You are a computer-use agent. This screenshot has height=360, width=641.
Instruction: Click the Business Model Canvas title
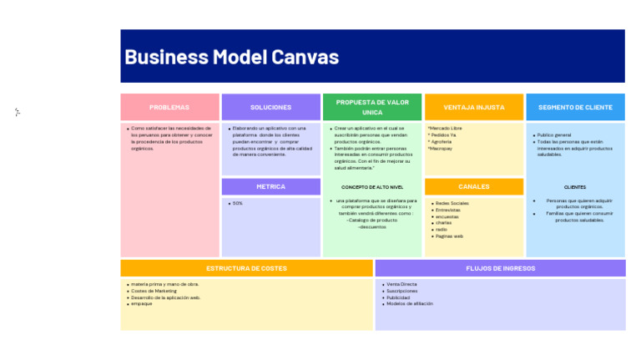[231, 57]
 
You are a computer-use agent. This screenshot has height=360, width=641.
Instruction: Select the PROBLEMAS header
[169, 107]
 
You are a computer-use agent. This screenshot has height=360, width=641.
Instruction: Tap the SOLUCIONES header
[270, 107]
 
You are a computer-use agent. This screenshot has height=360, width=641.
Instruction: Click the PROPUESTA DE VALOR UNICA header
[372, 107]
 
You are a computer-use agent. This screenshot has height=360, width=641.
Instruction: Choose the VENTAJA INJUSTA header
[473, 107]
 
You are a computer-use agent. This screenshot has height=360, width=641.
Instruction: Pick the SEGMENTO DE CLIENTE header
[575, 107]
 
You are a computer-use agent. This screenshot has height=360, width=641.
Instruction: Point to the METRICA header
[270, 186]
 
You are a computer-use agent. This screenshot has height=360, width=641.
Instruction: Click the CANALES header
[473, 186]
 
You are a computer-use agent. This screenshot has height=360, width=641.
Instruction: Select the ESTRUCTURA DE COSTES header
[246, 268]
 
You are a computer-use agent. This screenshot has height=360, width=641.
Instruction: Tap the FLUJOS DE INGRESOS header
[500, 268]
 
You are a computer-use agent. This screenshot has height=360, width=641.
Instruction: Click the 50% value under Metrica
[238, 203]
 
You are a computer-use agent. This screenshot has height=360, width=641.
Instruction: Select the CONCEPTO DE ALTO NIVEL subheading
[372, 187]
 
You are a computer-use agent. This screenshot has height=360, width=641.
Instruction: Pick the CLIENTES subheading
[575, 187]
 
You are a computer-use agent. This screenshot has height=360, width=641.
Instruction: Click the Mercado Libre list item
[445, 129]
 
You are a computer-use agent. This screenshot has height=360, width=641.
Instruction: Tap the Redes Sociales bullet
[452, 203]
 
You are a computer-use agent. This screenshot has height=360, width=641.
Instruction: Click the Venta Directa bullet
[401, 284]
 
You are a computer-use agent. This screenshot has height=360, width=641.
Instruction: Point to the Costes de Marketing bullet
[154, 291]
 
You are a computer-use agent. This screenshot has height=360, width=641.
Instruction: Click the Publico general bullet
[554, 134]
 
